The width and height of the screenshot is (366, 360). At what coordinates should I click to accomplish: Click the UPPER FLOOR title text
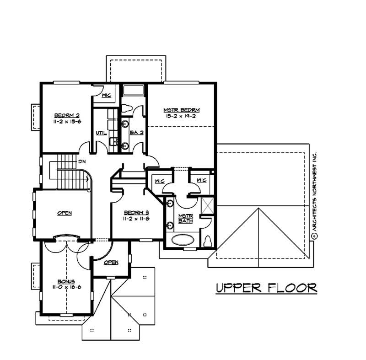click(x=266, y=288)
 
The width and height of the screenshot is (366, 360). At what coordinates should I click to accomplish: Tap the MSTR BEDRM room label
click(x=182, y=110)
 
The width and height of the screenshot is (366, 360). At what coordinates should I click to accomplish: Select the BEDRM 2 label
click(x=67, y=115)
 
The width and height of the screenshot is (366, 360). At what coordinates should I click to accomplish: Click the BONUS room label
click(x=66, y=281)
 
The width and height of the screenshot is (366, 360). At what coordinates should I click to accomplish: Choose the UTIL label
click(x=101, y=133)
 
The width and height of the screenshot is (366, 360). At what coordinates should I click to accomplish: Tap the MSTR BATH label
click(x=185, y=218)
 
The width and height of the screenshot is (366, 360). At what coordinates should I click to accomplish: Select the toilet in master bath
click(x=208, y=241)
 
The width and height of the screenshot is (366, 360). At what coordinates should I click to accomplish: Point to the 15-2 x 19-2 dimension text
click(x=182, y=117)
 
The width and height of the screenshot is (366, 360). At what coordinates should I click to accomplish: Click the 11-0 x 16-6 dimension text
click(x=66, y=288)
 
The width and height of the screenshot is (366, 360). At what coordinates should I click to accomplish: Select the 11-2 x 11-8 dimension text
click(x=137, y=219)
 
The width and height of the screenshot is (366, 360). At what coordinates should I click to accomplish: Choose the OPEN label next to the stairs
click(x=65, y=213)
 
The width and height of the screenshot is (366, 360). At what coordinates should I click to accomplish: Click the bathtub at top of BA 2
click(x=133, y=90)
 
